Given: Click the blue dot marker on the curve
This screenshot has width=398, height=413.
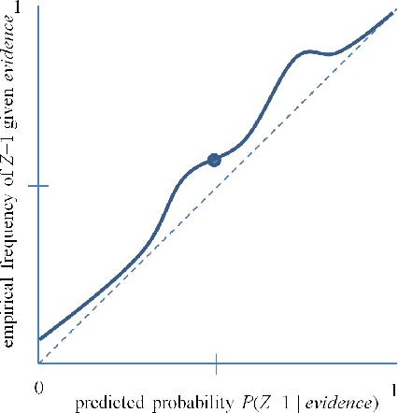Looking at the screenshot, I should click(214, 160).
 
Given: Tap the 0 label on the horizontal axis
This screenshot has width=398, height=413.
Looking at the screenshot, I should click(38, 386).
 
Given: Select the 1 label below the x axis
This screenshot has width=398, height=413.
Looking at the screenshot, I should click(394, 386).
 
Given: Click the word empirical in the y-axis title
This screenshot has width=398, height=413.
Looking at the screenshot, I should click(11, 313).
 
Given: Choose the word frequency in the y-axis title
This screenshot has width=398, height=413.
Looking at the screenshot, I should click(11, 246).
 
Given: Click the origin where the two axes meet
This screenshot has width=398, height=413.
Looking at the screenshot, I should click(38, 363).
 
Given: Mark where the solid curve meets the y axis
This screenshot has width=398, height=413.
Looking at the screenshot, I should click(38, 339).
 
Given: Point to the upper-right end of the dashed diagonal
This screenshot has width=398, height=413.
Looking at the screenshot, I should click(392, 9).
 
